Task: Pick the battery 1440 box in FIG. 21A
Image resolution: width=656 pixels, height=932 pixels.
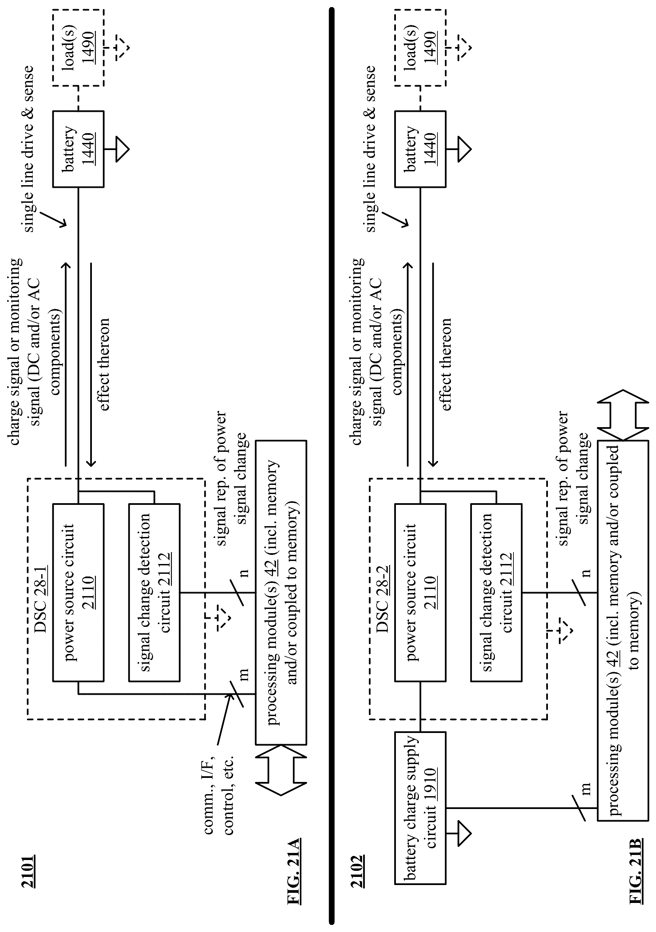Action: [78, 149]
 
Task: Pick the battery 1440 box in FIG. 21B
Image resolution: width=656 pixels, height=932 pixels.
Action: [420, 149]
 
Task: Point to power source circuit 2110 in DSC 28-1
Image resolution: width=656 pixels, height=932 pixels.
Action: [78, 592]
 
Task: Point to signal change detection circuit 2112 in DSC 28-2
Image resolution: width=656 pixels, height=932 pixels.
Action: [496, 592]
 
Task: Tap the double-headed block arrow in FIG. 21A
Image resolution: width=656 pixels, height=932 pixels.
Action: [281, 772]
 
